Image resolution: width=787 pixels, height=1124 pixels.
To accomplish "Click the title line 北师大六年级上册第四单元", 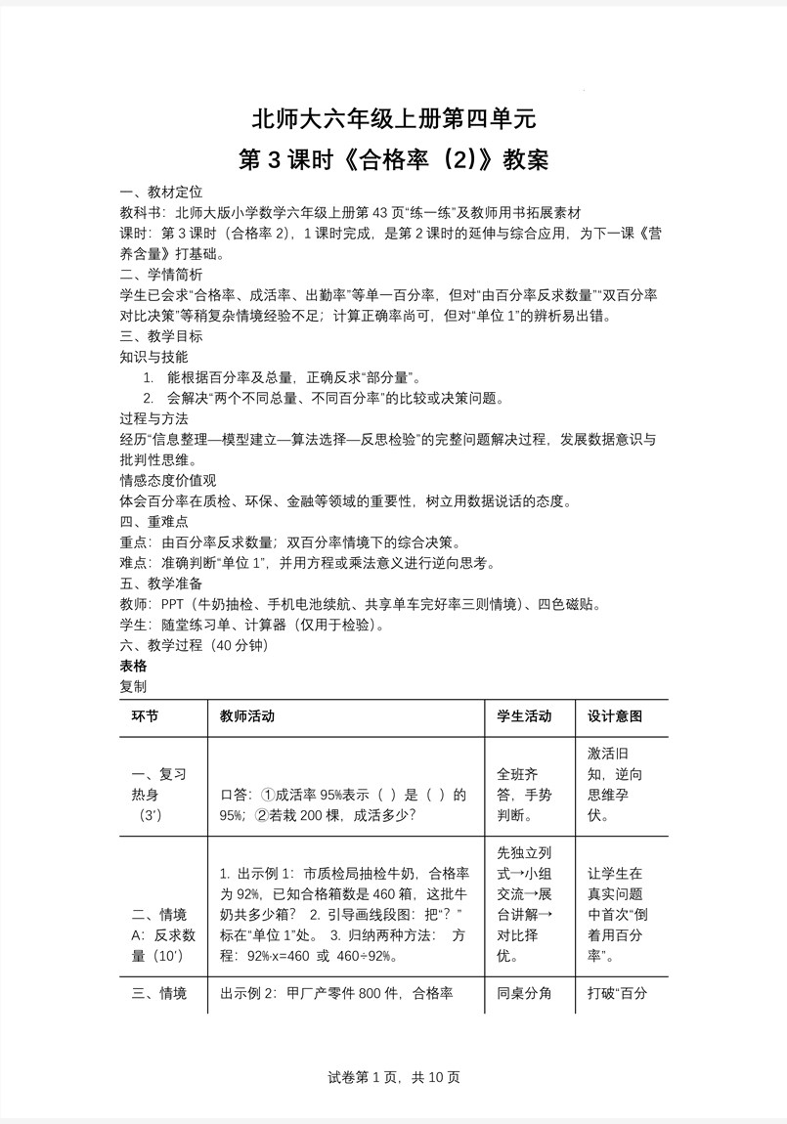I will (x=394, y=119).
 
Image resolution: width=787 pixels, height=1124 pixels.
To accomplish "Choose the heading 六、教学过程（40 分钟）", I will (x=193, y=645).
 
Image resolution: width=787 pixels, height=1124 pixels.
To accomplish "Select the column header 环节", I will (x=145, y=716).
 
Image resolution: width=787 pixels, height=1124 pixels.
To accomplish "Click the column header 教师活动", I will (x=247, y=716).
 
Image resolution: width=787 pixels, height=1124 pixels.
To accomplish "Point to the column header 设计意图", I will (x=615, y=716).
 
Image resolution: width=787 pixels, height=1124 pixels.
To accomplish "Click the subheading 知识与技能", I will (x=153, y=357).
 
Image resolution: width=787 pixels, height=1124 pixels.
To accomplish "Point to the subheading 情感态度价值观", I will (x=167, y=480).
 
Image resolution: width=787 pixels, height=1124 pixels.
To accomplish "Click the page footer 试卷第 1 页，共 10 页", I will (x=394, y=1077).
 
